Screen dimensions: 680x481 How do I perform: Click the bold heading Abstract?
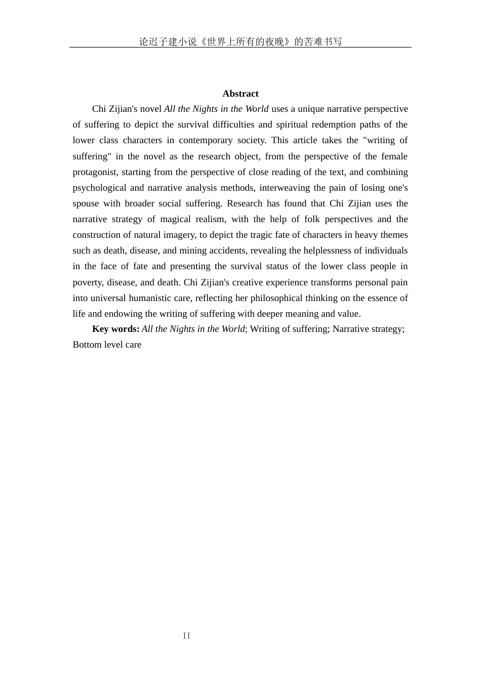240,94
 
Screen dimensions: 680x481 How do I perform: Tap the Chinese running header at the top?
240,41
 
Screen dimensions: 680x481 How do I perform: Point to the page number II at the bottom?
187,635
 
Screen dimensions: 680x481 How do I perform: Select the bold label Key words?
115,329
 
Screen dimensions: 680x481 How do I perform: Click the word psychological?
99,188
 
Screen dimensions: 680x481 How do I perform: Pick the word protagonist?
95,172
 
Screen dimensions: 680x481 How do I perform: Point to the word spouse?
86,203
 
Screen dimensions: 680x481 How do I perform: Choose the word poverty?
88,282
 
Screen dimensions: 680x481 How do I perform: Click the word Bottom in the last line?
87,345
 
